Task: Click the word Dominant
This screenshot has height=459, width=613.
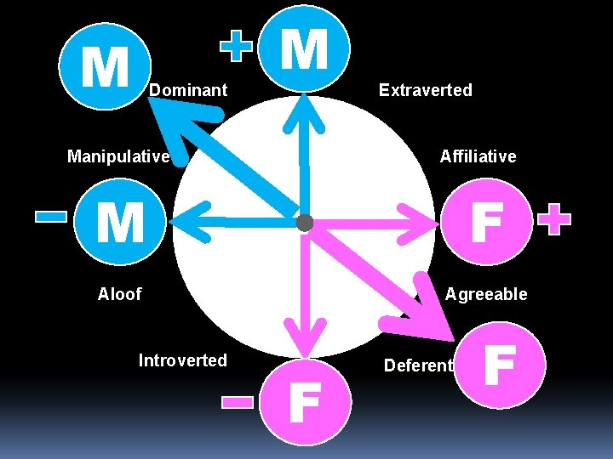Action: coord(188,89)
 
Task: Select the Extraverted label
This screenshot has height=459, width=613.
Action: coord(426,89)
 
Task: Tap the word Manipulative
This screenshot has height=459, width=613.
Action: coord(118,156)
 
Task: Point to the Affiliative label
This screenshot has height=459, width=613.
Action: coord(478,156)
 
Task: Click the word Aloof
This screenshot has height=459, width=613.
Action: coord(119,294)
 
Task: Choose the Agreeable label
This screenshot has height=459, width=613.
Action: coord(486,294)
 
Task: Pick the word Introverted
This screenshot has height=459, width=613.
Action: coord(182,360)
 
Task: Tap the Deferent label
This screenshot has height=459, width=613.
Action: coord(418,365)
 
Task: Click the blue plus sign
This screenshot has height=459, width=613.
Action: coord(238,48)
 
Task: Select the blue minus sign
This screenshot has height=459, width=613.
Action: coord(51,217)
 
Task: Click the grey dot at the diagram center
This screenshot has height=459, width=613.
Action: coord(304,224)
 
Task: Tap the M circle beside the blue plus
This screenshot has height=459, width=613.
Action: coord(304,49)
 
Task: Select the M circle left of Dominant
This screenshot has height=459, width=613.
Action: coord(105,66)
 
